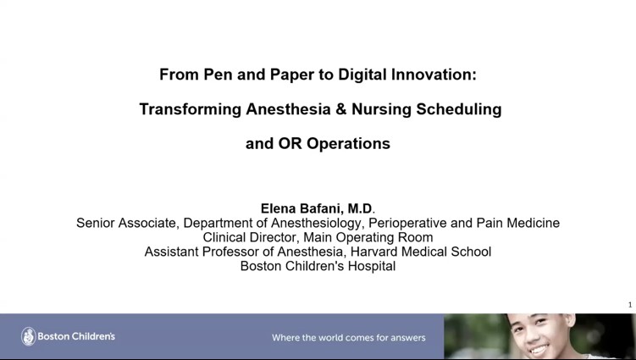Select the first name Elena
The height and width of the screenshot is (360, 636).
click(281, 208)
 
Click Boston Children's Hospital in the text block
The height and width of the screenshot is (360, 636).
click(318, 266)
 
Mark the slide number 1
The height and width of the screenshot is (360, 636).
click(630, 305)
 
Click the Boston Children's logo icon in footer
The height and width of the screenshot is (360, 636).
click(28, 336)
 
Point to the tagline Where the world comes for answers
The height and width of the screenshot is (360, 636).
click(348, 337)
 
